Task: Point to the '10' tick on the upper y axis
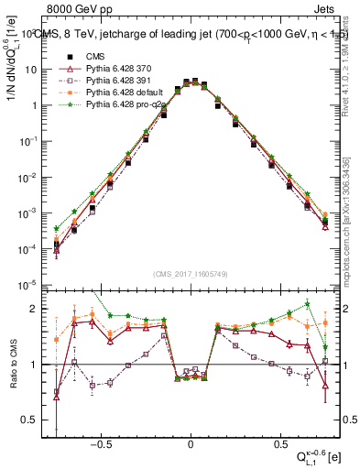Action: (x=36, y=69)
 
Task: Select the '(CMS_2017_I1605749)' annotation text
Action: (x=191, y=274)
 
